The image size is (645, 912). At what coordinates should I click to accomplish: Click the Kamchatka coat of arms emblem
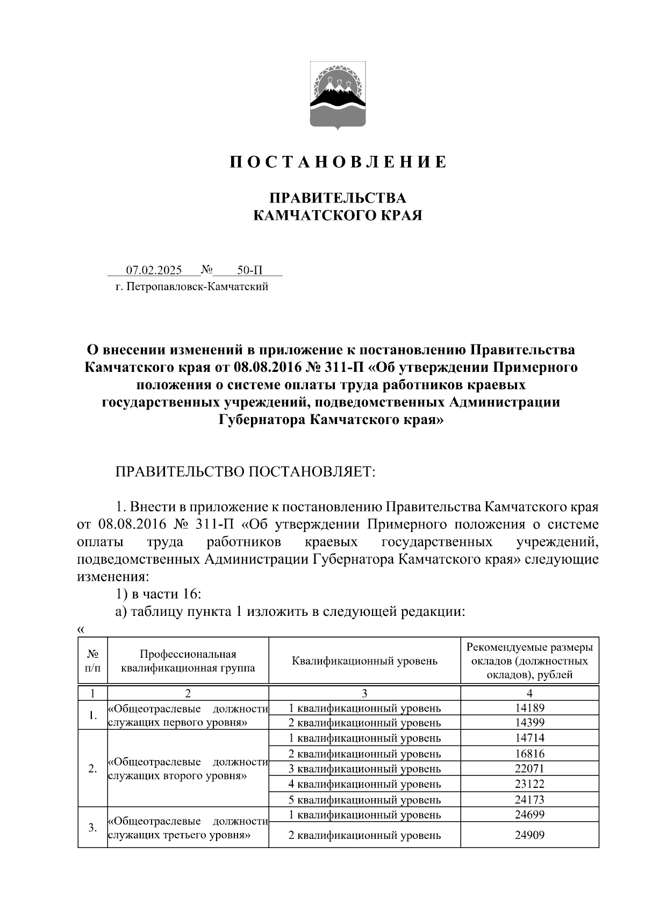click(338, 95)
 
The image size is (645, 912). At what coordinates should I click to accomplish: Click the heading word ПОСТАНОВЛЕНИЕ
click(338, 162)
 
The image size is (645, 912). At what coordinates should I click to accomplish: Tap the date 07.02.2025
click(154, 270)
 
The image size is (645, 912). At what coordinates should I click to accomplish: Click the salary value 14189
click(529, 708)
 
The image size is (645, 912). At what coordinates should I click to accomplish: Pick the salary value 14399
click(529, 723)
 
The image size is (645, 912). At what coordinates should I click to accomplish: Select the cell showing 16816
click(529, 753)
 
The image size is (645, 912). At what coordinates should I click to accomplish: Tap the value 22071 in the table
click(529, 769)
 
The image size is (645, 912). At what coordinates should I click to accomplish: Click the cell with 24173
click(529, 800)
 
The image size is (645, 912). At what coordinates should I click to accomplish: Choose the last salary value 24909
click(529, 835)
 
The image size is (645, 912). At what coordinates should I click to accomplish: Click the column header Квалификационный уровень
click(364, 661)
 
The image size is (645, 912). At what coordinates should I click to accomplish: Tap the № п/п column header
click(92, 661)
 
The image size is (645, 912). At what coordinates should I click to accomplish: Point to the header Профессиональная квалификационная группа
click(188, 661)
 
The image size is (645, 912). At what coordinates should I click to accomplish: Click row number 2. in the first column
click(92, 769)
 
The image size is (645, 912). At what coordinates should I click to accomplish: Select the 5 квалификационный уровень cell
click(364, 800)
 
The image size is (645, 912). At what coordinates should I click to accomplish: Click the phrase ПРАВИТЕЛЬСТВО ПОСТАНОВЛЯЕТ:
click(244, 472)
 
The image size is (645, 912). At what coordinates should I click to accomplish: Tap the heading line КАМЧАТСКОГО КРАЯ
click(338, 216)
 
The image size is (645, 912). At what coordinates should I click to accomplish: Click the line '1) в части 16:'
click(159, 594)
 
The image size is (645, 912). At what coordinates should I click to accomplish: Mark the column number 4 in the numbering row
click(529, 693)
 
